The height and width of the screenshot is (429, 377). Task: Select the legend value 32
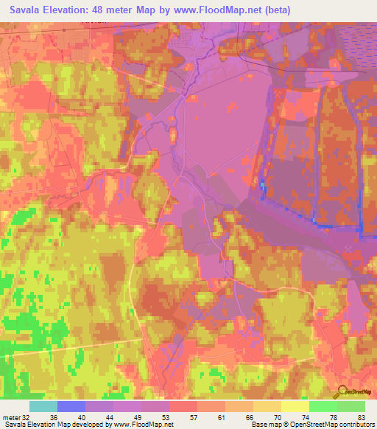[x=28, y=416]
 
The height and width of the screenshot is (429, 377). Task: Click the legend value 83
[x=361, y=416]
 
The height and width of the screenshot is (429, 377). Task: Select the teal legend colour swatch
[x=43, y=406]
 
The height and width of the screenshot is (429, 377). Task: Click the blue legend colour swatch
[x=71, y=406]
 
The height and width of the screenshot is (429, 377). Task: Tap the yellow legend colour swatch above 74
[x=295, y=406]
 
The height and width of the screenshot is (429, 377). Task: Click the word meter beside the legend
[x=10, y=416]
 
